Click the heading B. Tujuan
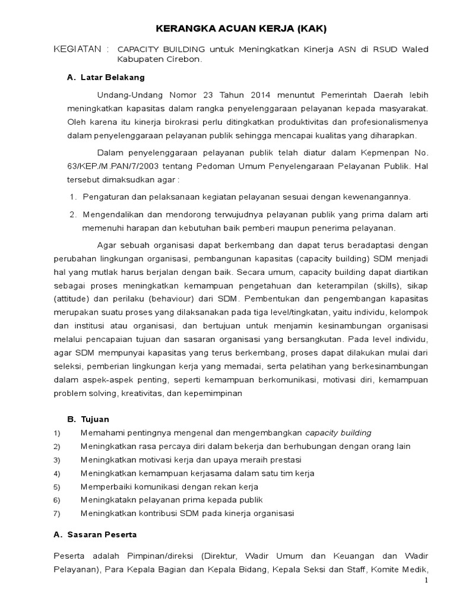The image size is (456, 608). click(x=88, y=419)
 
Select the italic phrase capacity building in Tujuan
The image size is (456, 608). click(x=338, y=432)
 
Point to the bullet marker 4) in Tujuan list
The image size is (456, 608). click(x=57, y=474)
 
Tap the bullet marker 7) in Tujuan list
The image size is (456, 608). click(x=57, y=514)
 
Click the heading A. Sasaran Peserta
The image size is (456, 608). click(x=95, y=534)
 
